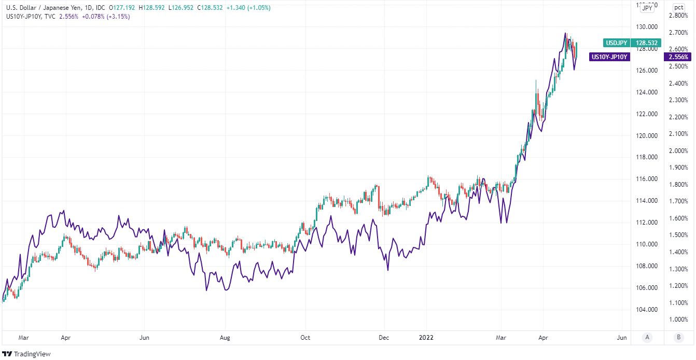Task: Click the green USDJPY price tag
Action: (616, 43)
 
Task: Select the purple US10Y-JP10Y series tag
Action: (610, 57)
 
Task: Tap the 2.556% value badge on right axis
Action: (679, 57)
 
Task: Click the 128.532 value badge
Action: (647, 43)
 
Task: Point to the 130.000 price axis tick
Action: (647, 27)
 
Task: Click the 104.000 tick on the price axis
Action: (647, 310)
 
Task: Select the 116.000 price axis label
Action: (647, 179)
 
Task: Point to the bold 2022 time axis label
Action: (426, 337)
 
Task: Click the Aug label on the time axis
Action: (225, 337)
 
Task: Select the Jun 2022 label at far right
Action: (622, 337)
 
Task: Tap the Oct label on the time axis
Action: (305, 337)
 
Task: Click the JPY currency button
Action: (647, 8)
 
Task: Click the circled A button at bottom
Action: (647, 337)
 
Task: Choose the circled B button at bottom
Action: (679, 337)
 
